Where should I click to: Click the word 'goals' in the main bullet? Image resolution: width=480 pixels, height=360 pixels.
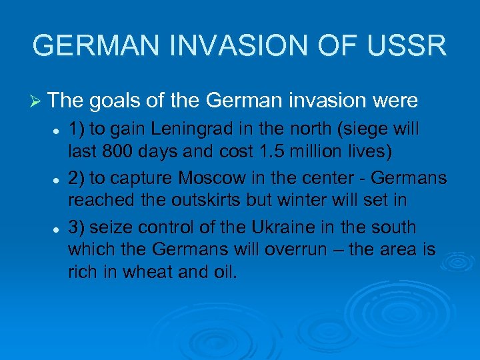pos(107,101)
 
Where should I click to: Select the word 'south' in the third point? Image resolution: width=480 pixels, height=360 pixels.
pos(393,227)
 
